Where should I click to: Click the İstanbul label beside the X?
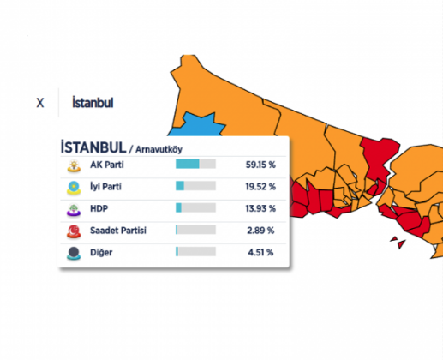point(93,103)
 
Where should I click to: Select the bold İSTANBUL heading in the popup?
point(93,147)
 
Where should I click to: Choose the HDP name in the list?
point(100,207)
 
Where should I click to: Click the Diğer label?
point(102,252)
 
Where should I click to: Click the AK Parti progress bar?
point(195,164)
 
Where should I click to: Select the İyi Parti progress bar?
point(195,185)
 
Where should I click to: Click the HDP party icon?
point(74,208)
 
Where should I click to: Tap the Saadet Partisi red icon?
point(74,231)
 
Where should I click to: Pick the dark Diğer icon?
point(74,252)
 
